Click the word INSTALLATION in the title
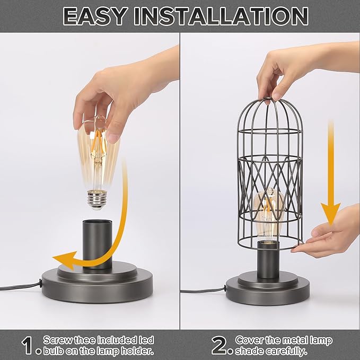[x=222, y=16]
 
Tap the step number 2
[x=219, y=345]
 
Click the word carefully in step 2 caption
[x=291, y=350]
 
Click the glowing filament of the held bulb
[x=97, y=154]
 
